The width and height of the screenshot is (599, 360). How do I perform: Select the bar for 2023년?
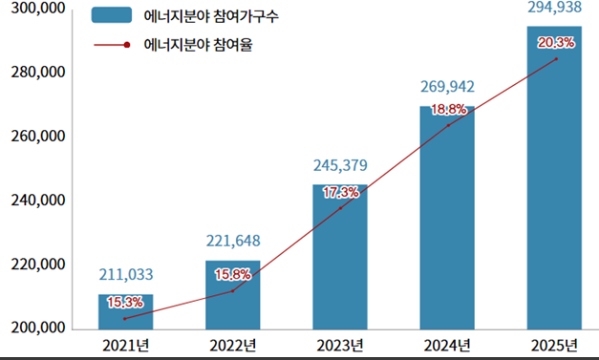[339, 258]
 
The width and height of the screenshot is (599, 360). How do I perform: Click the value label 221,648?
[233, 241]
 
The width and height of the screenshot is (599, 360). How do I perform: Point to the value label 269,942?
[447, 87]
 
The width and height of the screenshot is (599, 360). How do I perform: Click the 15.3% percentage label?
[124, 302]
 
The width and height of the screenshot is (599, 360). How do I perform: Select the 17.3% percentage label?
[341, 192]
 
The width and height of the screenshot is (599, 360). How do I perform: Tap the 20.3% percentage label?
[556, 42]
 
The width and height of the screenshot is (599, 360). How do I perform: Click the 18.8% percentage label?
[449, 110]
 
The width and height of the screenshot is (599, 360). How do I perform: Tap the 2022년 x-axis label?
[233, 345]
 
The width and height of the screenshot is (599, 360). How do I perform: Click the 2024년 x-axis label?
[447, 345]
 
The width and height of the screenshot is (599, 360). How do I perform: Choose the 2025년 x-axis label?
[555, 345]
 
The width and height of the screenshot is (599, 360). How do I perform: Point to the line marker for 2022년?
[232, 290]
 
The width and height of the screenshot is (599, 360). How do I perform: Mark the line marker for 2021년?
[125, 318]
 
